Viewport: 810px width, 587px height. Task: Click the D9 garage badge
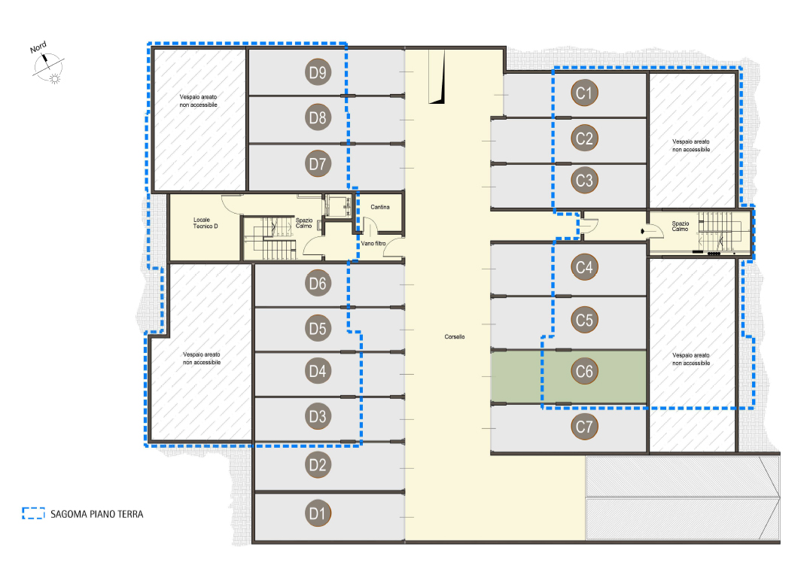click(318, 72)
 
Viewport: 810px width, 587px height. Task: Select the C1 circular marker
click(584, 93)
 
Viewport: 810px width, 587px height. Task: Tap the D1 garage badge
click(318, 514)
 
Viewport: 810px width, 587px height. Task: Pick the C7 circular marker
click(584, 427)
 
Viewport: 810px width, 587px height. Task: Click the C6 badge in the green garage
click(584, 371)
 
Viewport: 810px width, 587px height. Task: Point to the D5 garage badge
click(318, 328)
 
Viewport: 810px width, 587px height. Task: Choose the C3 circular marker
click(584, 181)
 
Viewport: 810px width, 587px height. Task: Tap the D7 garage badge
click(318, 164)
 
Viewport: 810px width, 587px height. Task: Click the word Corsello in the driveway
click(455, 336)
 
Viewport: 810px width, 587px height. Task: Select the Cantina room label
click(380, 207)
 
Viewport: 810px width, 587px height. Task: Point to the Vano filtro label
click(373, 243)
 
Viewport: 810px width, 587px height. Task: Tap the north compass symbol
click(49, 67)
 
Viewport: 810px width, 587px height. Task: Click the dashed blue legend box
click(34, 512)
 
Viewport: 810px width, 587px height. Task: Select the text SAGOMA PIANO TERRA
click(96, 514)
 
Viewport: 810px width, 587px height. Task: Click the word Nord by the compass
click(38, 47)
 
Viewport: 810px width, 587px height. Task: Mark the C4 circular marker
click(584, 267)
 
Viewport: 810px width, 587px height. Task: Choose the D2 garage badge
click(318, 464)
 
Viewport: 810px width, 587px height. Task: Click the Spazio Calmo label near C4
click(681, 226)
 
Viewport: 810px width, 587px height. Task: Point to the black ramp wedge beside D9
click(439, 78)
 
